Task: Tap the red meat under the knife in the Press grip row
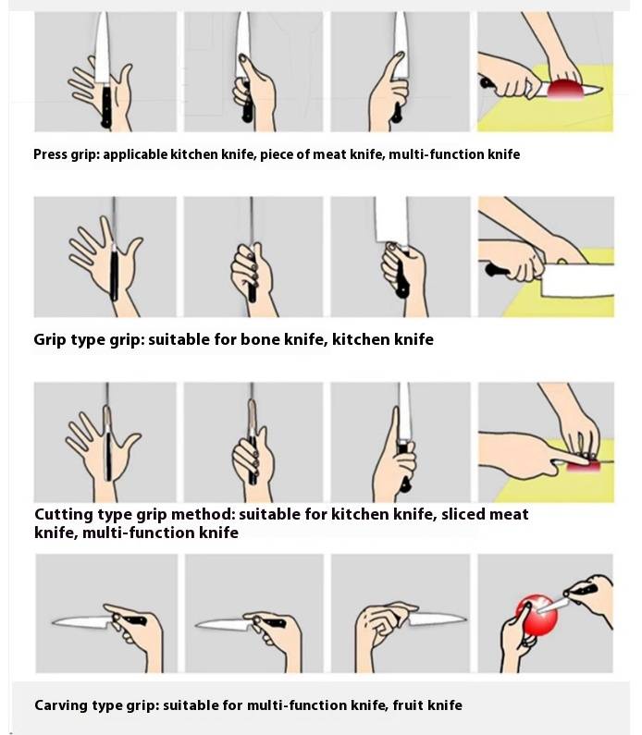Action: (565, 90)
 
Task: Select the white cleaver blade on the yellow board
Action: (578, 280)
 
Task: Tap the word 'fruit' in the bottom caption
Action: (408, 705)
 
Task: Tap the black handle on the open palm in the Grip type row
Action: (114, 275)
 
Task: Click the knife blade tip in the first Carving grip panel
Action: (53, 622)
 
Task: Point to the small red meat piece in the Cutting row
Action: (584, 466)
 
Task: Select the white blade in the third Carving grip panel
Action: (437, 619)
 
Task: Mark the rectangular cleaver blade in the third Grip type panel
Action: (391, 219)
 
